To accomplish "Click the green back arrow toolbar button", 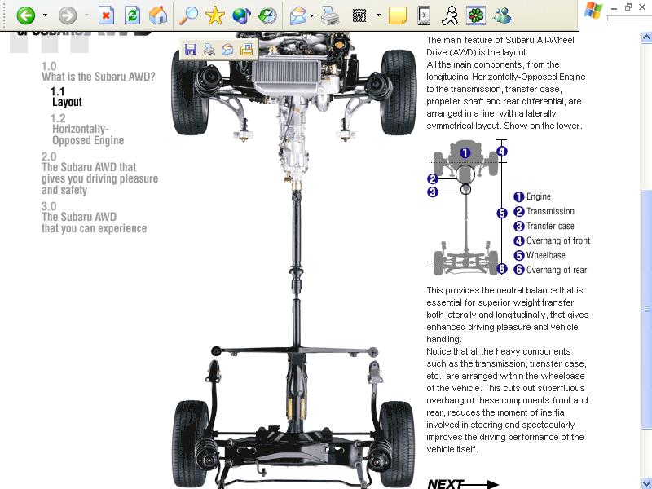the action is click(26, 15).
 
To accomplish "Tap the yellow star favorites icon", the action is click(214, 15).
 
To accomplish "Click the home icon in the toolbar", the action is click(158, 15).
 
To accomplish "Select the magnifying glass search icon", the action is click(188, 15).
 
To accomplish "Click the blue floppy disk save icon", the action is click(191, 50).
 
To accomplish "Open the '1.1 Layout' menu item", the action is click(66, 97).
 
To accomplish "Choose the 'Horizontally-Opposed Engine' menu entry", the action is click(88, 129).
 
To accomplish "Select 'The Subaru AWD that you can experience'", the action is click(94, 218).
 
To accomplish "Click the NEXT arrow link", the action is click(463, 484).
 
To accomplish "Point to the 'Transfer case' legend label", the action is click(550, 226).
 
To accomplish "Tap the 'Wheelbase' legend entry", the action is click(545, 255).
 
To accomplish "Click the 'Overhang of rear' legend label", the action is click(557, 270).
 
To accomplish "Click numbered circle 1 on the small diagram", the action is click(465, 153).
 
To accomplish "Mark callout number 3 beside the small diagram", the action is click(433, 192).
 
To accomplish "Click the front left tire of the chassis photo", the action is click(190, 92).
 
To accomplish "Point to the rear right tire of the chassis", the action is click(397, 443).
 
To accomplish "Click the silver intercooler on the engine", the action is click(287, 74).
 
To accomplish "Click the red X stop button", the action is click(106, 15).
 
